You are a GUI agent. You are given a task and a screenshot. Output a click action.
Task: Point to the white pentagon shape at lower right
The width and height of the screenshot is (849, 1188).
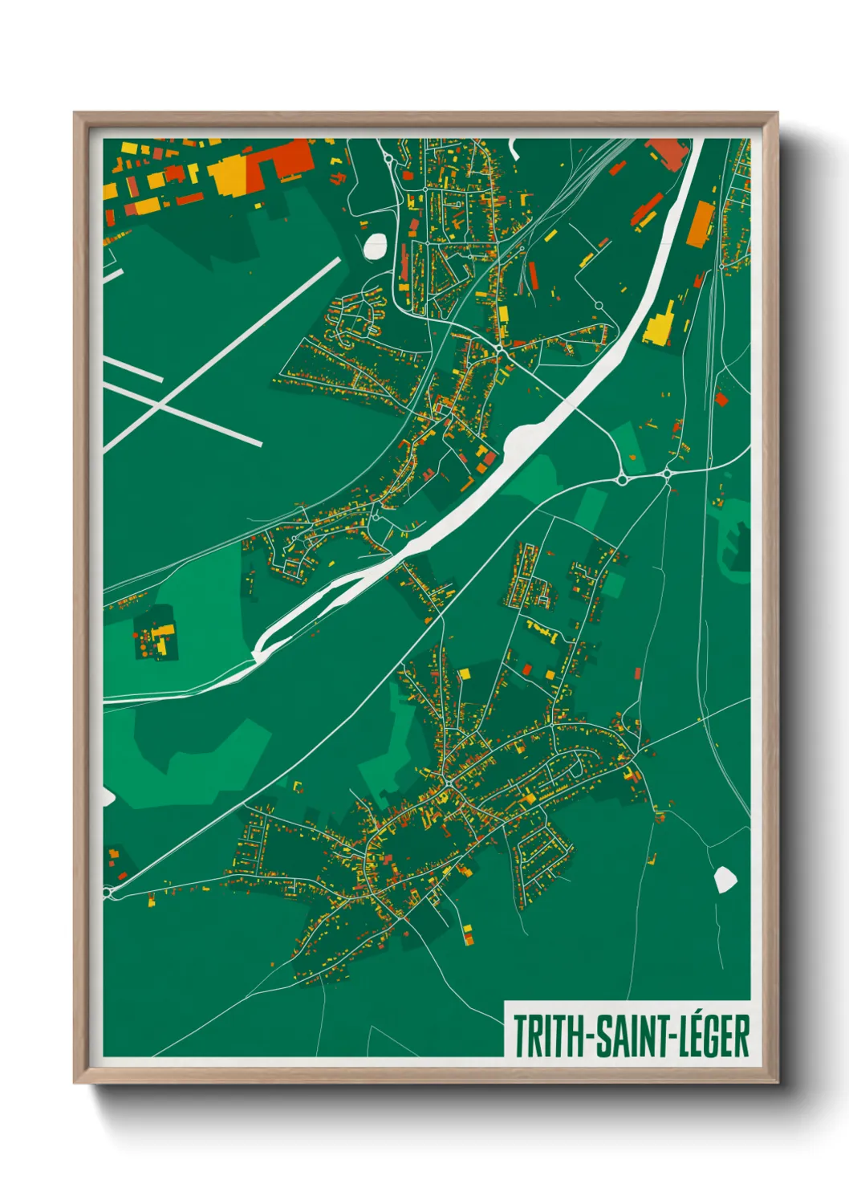pyautogui.click(x=725, y=880)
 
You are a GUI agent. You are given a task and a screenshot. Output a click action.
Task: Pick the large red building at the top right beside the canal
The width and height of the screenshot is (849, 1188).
pyautogui.click(x=666, y=153)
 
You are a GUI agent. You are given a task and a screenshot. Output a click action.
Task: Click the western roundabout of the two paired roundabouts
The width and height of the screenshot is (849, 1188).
pyautogui.click(x=622, y=479)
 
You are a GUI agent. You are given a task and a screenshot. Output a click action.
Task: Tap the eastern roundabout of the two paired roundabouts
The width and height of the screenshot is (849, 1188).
pyautogui.click(x=667, y=474)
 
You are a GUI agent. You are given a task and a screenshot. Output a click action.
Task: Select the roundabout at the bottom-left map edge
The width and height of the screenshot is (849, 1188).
pyautogui.click(x=109, y=892)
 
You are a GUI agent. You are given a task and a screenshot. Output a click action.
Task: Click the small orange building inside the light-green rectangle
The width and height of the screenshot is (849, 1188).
pyautogui.click(x=632, y=457)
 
